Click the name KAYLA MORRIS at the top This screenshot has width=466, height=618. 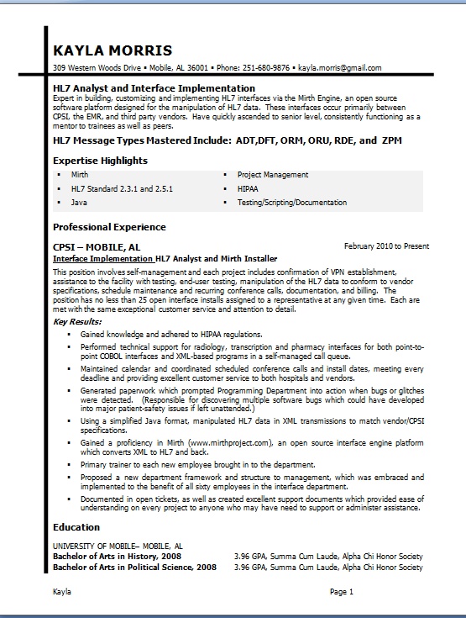pos(112,50)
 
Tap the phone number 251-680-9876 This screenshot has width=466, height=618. pos(265,68)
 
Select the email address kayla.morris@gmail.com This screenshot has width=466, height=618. pos(340,68)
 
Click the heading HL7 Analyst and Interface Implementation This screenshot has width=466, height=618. pos(154,87)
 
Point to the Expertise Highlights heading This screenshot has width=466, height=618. pos(100,160)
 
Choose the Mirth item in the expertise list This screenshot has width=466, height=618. pos(80,175)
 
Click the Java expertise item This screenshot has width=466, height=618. pos(79,203)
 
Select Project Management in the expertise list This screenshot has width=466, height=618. pos(273,175)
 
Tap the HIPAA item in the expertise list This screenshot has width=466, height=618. pos(249,189)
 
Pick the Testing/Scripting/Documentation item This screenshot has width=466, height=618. pos(291,203)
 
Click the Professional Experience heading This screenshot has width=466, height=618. pos(109,227)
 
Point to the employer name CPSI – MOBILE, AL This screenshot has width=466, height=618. pos(97,248)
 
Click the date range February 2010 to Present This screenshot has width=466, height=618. pos(386,247)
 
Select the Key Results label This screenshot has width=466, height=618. pos(76,321)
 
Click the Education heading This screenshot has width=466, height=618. pos(77,527)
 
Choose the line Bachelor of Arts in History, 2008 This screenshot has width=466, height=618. pos(117,557)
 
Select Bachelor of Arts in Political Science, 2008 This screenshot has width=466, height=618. pos(134,568)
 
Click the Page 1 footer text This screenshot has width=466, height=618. pos(342,593)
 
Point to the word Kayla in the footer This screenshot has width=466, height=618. pos(62,593)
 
